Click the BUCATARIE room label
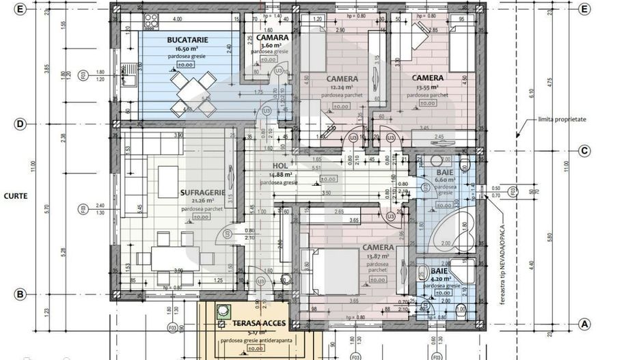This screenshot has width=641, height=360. point(182,40)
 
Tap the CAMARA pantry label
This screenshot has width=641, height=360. point(263,38)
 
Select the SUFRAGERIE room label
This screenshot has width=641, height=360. point(202,193)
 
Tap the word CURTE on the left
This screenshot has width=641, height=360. point(15,195)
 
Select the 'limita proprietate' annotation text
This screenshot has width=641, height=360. point(562,119)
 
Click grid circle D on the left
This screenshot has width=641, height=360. point(21,124)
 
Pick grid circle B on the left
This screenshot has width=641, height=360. point(21,294)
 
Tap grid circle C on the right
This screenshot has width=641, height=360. point(584,151)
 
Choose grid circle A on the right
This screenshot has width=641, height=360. point(584,323)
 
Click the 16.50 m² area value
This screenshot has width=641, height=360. point(183,49)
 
